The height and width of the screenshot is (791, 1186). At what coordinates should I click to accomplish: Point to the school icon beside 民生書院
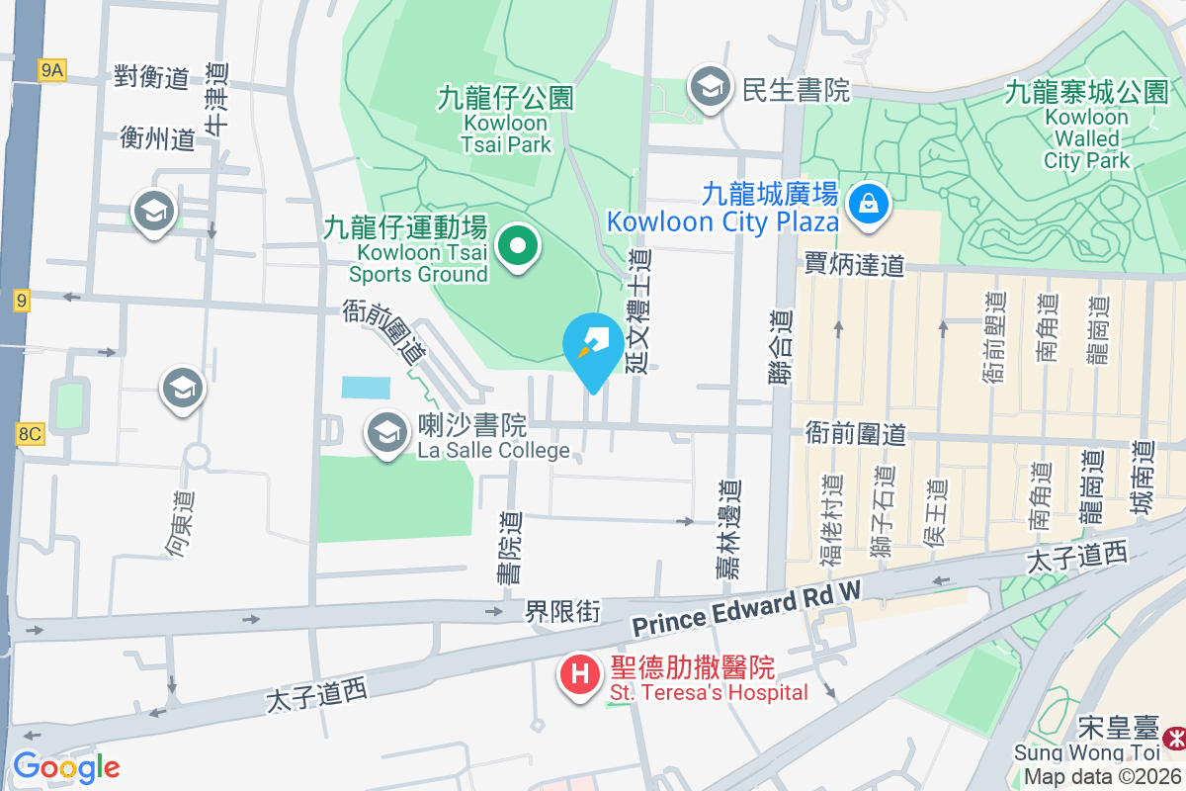(710, 87)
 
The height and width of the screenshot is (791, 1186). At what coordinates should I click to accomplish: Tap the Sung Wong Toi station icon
(1174, 738)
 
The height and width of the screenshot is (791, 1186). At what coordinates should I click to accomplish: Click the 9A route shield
(51, 69)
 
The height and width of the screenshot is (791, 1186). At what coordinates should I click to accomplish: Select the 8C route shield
(30, 433)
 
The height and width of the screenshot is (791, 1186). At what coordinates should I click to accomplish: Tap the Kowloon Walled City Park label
(1086, 127)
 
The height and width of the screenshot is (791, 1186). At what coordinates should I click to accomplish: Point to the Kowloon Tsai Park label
(504, 122)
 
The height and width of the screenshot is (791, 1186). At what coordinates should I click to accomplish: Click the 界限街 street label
(561, 612)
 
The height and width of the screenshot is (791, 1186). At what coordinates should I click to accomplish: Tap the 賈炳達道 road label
(855, 265)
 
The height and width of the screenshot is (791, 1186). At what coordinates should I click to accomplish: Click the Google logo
(66, 767)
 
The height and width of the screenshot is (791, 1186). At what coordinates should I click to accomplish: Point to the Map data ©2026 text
(1102, 777)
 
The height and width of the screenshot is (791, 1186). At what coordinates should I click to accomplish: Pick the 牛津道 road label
(215, 99)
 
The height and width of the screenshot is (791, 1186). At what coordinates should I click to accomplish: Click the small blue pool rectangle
(366, 387)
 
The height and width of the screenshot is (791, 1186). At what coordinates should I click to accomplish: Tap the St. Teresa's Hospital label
(708, 692)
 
